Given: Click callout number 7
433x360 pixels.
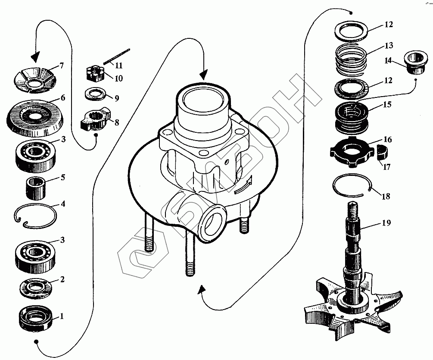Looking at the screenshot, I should click(62, 66).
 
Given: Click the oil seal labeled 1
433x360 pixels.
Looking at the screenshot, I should click(36, 318).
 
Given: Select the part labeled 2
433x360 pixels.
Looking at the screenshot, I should click(37, 288).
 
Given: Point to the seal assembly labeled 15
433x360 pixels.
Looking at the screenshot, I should click(351, 116).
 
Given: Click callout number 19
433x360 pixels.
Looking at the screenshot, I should click(386, 223).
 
